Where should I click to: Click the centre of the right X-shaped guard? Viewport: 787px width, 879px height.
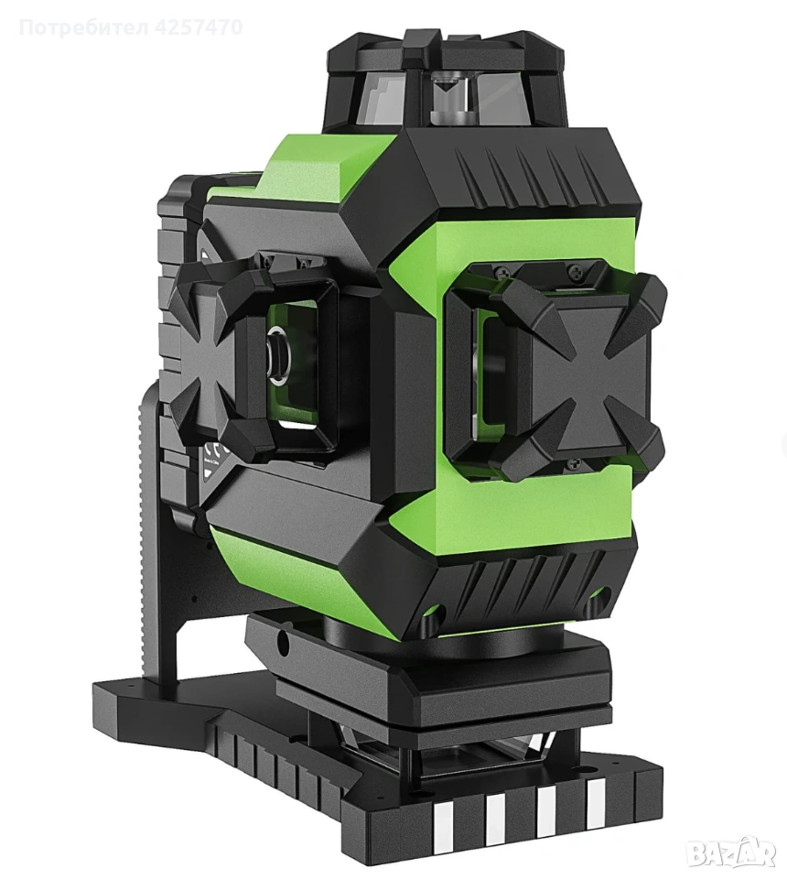(570, 376)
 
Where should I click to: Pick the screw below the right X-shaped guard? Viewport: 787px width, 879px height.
(572, 463)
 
